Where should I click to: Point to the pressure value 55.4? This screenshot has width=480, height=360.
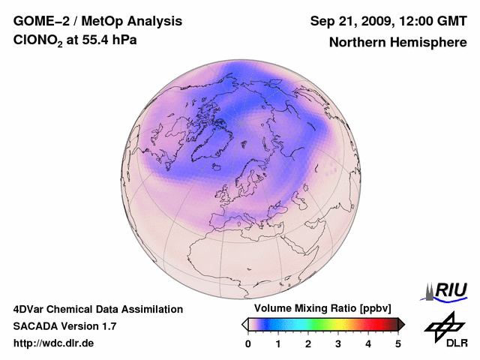click(x=95, y=40)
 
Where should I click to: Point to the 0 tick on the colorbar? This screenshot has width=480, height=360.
click(x=248, y=343)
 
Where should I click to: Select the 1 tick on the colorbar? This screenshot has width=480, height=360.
click(x=278, y=343)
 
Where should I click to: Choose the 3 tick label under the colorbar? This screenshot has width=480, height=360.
click(x=338, y=343)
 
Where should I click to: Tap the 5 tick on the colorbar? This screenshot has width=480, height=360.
click(x=398, y=343)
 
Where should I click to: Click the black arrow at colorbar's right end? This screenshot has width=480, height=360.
click(x=402, y=324)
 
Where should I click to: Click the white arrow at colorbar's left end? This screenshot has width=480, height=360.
click(x=244, y=324)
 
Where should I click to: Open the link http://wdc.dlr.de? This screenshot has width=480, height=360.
click(x=54, y=343)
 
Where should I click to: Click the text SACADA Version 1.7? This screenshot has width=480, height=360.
click(x=64, y=326)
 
